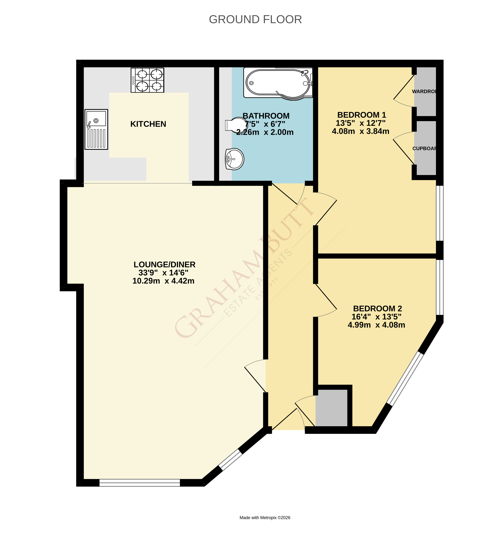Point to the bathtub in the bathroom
[x=278, y=83]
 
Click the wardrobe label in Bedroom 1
[x=424, y=91]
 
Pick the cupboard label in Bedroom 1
[x=424, y=149]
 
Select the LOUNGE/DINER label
[x=164, y=264]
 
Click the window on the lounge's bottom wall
[x=140, y=483]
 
